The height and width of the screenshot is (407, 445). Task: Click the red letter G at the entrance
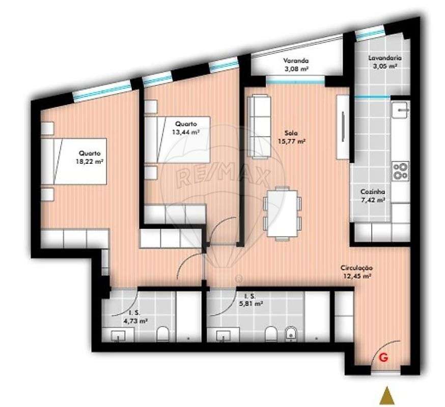384,358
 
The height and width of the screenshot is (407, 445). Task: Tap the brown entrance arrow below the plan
387,395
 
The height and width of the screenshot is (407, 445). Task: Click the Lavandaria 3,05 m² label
382,62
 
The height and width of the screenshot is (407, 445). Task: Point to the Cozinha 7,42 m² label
372,196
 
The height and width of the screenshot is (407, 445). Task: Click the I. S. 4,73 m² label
137,317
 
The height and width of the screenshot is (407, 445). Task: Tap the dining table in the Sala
282,212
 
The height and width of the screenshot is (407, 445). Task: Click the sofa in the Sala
259,125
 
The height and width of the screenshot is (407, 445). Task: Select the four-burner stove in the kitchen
400,170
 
